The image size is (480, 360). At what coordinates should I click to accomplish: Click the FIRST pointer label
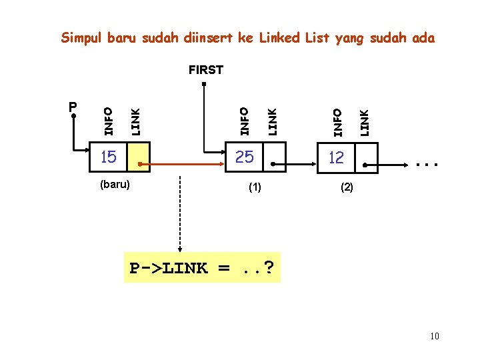click(x=205, y=69)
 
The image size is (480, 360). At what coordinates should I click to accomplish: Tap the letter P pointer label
click(x=73, y=107)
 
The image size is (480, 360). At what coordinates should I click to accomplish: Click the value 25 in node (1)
click(x=245, y=157)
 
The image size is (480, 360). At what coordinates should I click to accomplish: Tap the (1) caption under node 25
click(x=255, y=188)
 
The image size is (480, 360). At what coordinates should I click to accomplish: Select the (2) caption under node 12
click(x=347, y=188)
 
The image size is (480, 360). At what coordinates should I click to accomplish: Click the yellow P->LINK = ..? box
click(x=202, y=268)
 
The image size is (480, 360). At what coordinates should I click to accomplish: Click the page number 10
click(x=434, y=336)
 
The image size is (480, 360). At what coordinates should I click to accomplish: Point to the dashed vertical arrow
click(x=180, y=213)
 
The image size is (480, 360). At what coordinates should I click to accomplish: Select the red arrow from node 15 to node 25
click(x=180, y=162)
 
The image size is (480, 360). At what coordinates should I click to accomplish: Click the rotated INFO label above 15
click(x=108, y=115)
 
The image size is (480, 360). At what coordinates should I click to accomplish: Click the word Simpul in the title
click(x=83, y=38)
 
